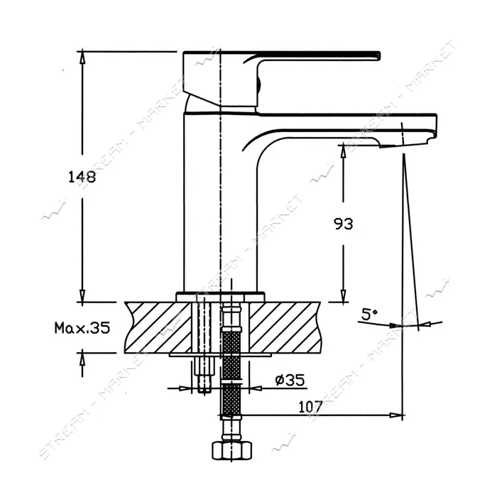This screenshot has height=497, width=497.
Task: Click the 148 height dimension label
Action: point(82,177)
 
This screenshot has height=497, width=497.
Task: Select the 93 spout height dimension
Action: point(343,224)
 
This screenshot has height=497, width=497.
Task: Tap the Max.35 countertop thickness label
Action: point(82,328)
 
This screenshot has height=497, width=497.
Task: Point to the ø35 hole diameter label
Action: point(290,380)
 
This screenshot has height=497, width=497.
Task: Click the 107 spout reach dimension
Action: point(311,407)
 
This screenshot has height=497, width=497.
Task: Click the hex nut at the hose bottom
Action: point(232,450)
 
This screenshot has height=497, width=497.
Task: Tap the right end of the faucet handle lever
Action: point(379,55)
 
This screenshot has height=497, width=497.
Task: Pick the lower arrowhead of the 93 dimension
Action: point(343,295)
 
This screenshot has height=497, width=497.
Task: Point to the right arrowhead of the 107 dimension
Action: point(396,415)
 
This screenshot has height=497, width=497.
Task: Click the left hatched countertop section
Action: point(158,327)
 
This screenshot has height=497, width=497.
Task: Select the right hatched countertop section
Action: point(285,327)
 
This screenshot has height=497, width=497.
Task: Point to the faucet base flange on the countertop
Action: point(220,297)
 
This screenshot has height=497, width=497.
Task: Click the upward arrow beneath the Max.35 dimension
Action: point(82,363)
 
